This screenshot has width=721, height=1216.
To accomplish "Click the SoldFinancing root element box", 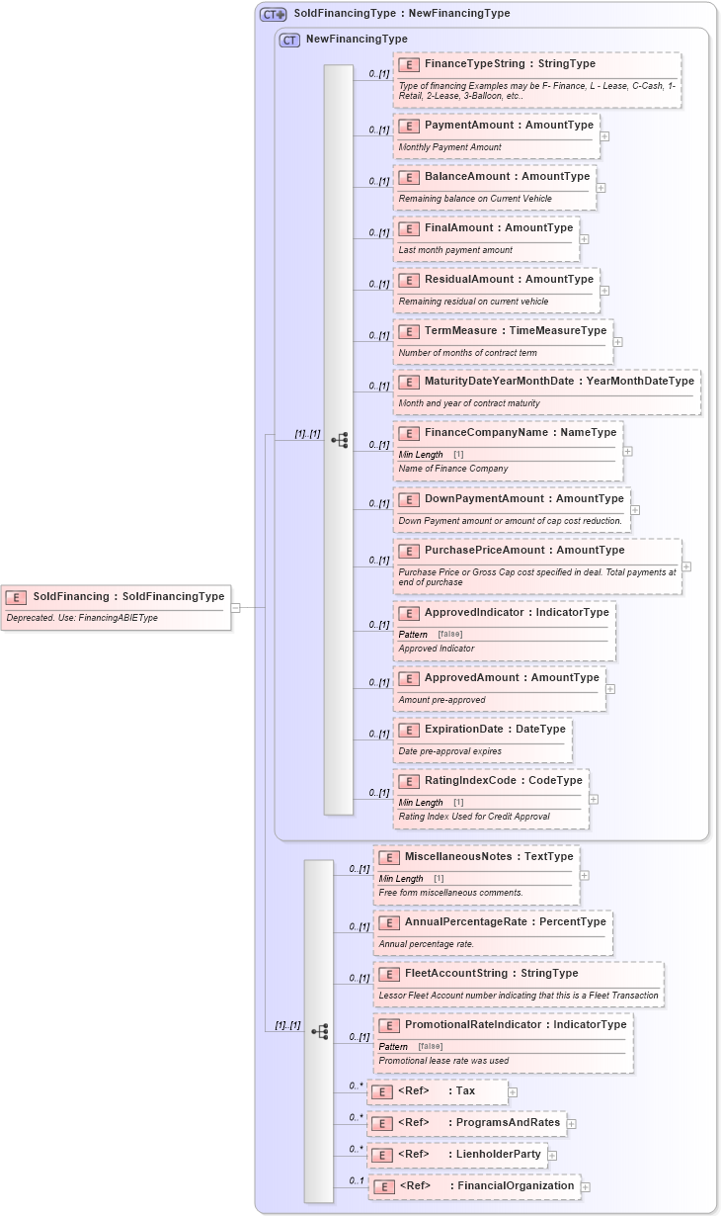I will [117, 597].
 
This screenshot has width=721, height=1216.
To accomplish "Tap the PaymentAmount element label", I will [509, 126].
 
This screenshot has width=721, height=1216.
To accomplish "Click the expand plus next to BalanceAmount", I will [601, 188].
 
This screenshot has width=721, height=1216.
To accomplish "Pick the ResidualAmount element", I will [509, 280].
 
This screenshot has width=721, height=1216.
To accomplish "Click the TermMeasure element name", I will [515, 331].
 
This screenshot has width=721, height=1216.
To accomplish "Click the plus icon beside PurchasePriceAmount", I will [686, 566].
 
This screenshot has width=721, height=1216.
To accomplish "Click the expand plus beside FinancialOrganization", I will [586, 1186].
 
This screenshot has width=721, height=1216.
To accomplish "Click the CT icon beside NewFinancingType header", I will [289, 41].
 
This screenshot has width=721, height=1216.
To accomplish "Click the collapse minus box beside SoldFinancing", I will [236, 607].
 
